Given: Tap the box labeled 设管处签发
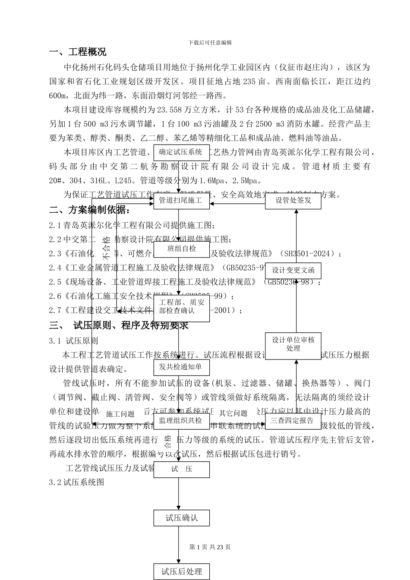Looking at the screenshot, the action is [x=293, y=201].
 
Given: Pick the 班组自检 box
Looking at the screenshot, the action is [x=181, y=249].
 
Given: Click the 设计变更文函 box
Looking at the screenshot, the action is [x=293, y=271].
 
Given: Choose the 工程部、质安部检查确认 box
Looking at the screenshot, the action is [x=181, y=307].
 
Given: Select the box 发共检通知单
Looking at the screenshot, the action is [x=181, y=367].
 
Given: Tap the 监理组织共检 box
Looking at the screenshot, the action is [x=181, y=421].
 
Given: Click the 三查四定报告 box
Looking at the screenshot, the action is [x=293, y=421].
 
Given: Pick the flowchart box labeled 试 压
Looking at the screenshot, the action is [x=181, y=469].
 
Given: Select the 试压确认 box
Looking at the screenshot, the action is [x=181, y=518].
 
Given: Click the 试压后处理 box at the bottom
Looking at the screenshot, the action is [x=181, y=572].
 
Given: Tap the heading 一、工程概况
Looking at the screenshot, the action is [x=78, y=53].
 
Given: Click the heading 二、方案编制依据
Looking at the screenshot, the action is [x=89, y=210].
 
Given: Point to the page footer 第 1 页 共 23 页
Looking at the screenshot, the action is [x=210, y=547].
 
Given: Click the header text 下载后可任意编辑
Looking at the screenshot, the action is [x=210, y=43].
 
